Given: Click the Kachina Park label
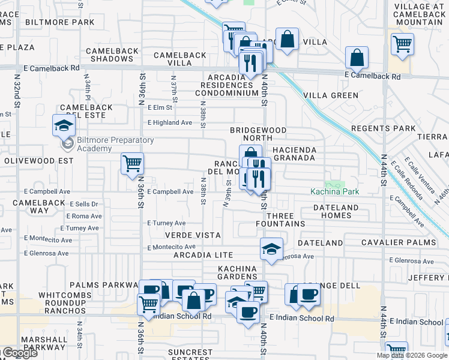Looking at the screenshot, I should tap(334, 191).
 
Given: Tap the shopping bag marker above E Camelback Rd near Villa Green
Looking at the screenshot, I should tap(357, 58).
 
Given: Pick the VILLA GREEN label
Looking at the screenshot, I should tap(331, 95).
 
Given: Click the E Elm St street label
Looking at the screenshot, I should tap(160, 108).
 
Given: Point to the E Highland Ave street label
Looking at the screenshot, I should tap(170, 122).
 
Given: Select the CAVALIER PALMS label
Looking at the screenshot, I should tap(394, 242).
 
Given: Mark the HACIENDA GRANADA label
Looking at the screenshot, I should tap(294, 153).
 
